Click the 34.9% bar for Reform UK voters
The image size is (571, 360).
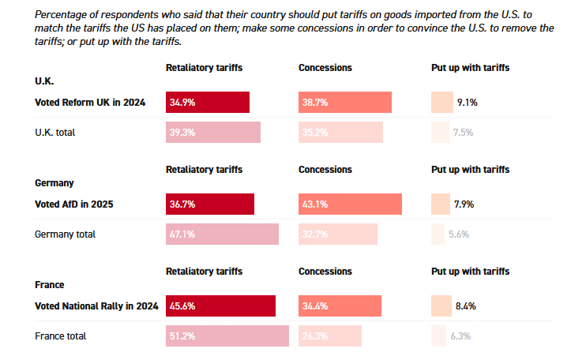click(x=208, y=103)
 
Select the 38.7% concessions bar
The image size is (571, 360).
click(x=345, y=103)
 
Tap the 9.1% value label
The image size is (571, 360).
click(x=467, y=103)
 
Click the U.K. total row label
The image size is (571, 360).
click(x=55, y=133)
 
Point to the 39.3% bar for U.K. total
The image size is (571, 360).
click(x=213, y=133)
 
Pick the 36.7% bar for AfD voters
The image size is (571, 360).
click(x=210, y=204)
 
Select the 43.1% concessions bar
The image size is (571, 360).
click(x=351, y=204)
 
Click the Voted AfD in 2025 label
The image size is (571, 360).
click(x=74, y=204)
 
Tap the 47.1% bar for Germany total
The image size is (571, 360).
click(x=222, y=234)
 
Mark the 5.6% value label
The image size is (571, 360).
click(x=459, y=234)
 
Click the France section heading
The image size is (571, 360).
click(x=50, y=284)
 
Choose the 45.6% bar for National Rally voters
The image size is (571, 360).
click(x=220, y=306)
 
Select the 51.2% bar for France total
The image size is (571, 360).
click(x=227, y=336)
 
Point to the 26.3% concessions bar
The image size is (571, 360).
click(x=330, y=336)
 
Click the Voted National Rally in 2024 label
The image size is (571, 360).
click(x=97, y=306)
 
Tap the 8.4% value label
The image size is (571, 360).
click(x=465, y=306)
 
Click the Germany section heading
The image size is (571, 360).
click(x=54, y=182)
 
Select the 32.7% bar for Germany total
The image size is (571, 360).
click(x=338, y=234)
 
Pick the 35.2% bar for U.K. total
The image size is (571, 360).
click(x=341, y=133)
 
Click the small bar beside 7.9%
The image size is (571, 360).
click(x=441, y=204)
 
